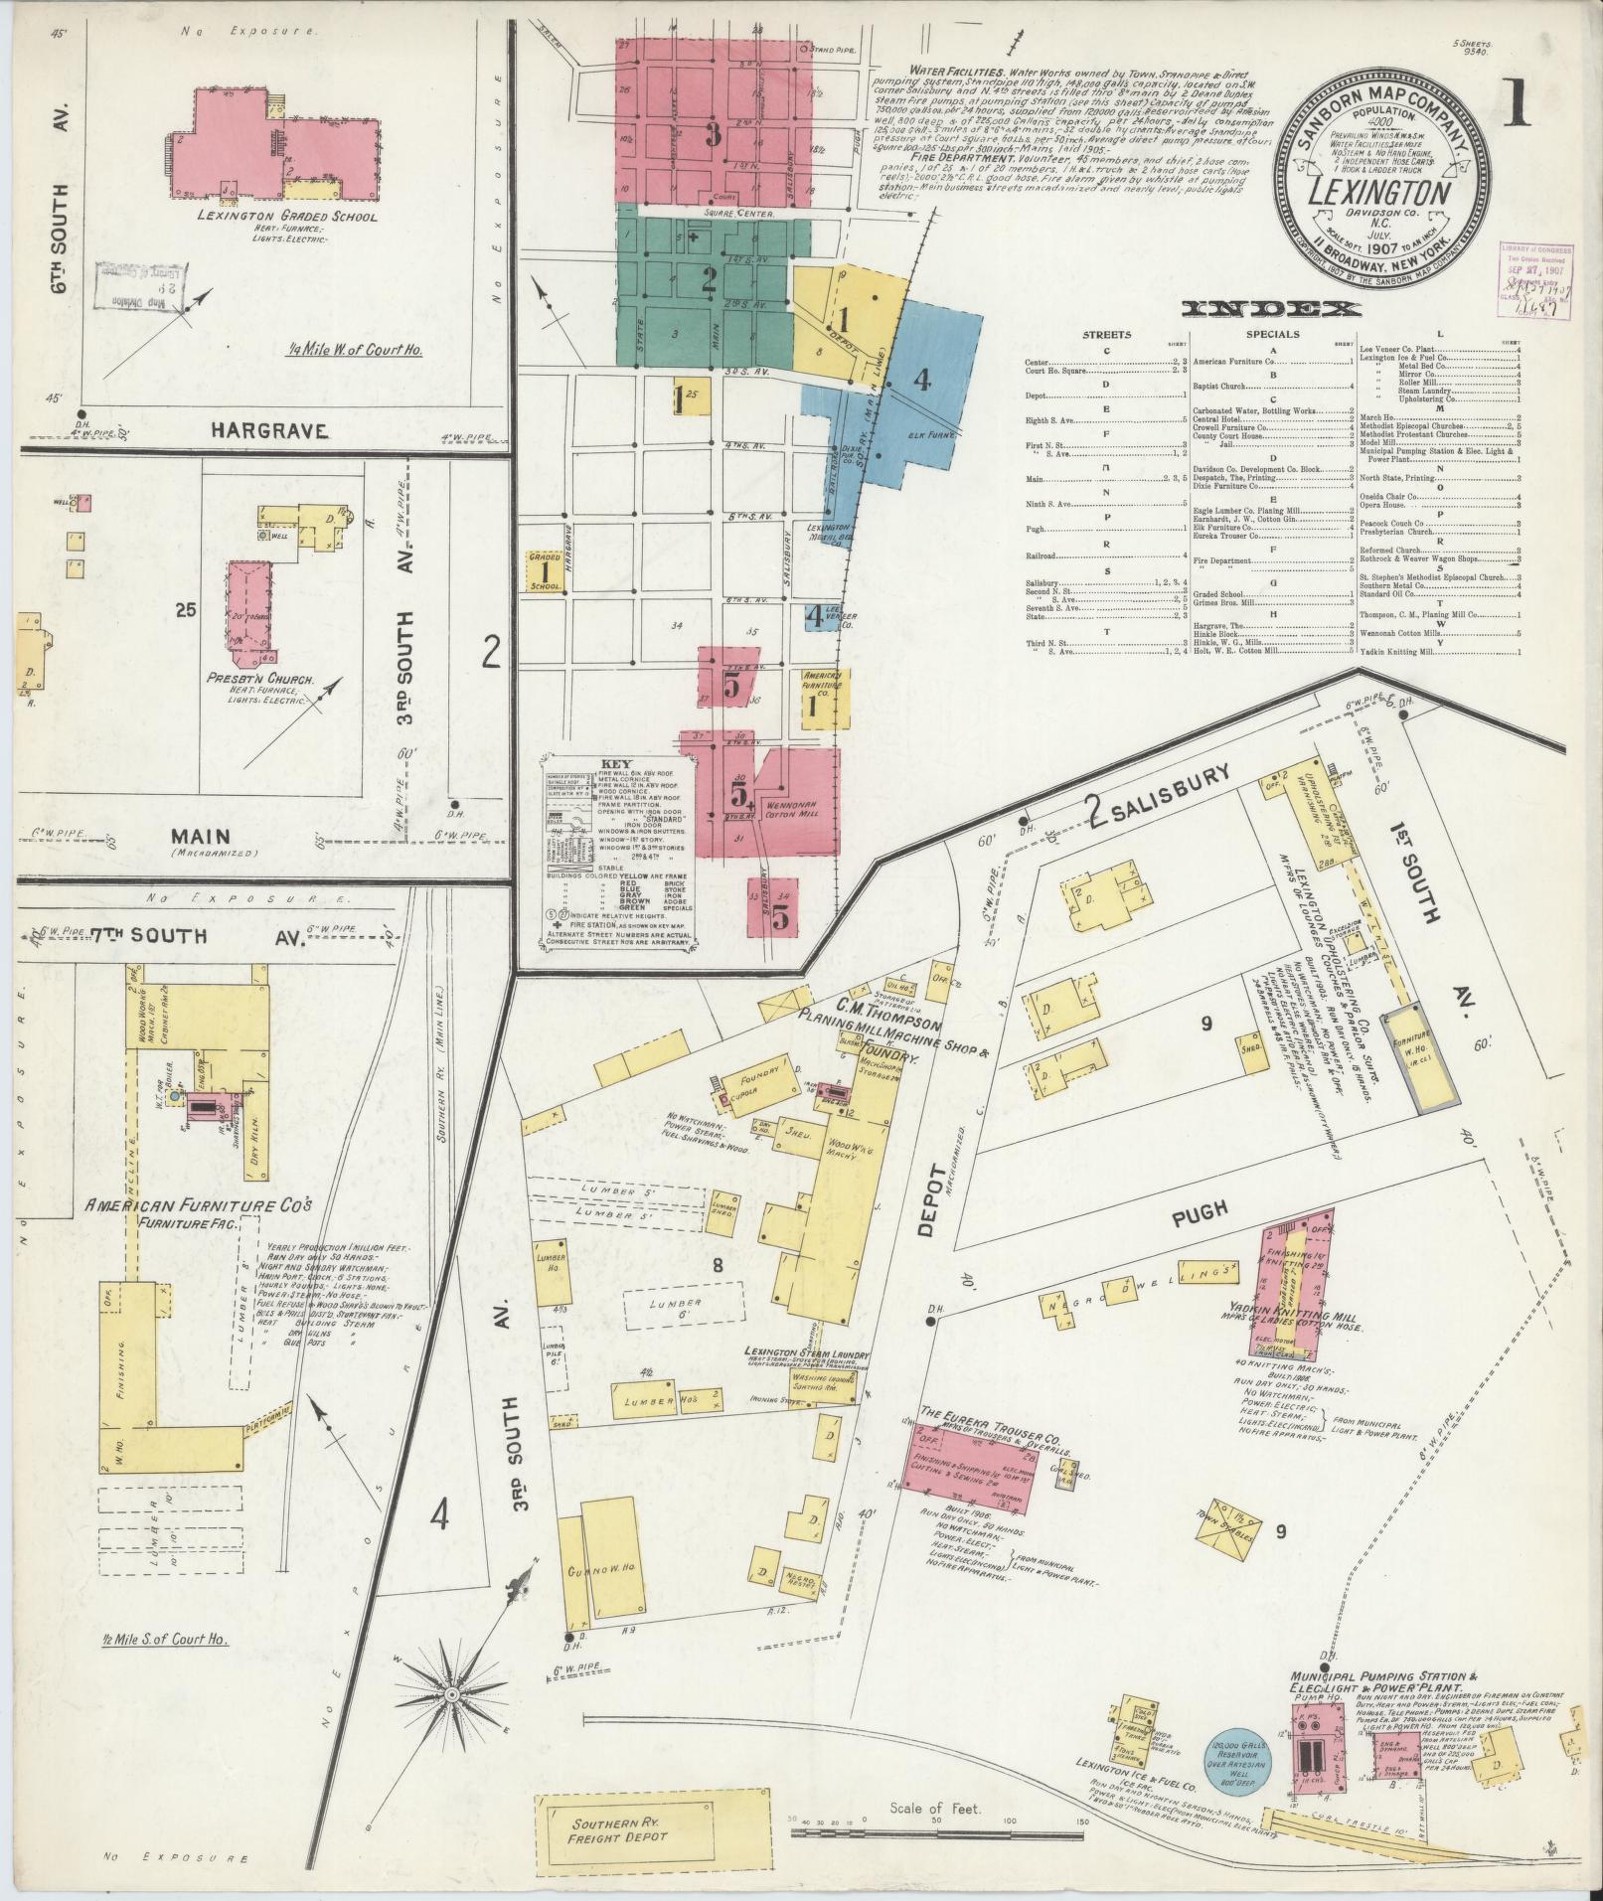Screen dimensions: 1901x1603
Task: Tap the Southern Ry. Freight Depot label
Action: click(x=617, y=1830)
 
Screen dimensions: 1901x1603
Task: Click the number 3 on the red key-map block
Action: click(x=712, y=136)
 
